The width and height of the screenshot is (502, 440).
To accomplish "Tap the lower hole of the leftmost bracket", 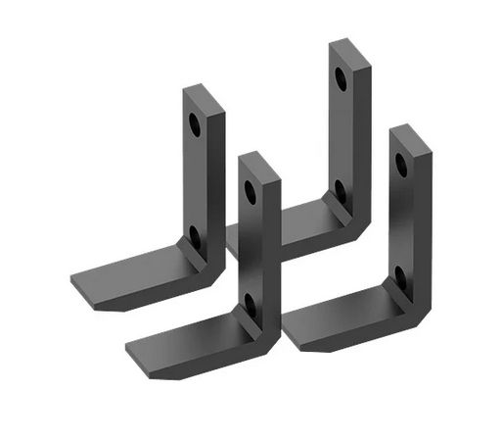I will click(x=194, y=233).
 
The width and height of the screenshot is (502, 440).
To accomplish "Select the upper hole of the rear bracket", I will click(x=340, y=76).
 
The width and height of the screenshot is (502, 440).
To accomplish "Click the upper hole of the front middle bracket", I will click(x=250, y=190).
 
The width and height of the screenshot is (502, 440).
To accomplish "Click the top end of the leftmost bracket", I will click(x=204, y=93).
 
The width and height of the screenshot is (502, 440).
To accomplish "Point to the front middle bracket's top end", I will click(x=259, y=159).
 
